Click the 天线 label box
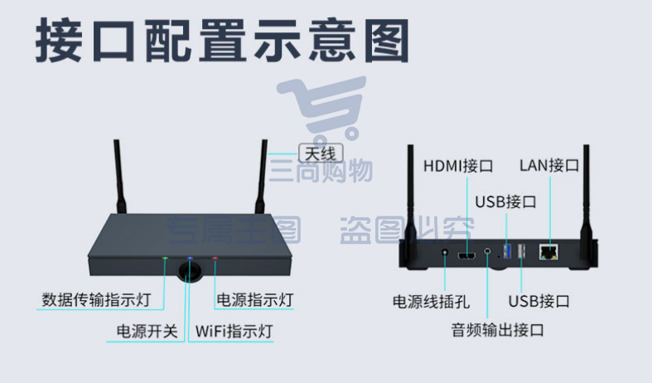pyautogui.click(x=321, y=153)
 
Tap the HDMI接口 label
pyautogui.click(x=458, y=166)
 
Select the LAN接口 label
pyautogui.click(x=549, y=165)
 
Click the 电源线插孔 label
pyautogui.click(x=431, y=302)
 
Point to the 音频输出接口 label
pyautogui.click(x=497, y=330)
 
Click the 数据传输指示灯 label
pyautogui.click(x=96, y=300)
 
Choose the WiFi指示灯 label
pyautogui.click(x=234, y=332)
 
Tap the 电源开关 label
pyautogui.click(x=147, y=332)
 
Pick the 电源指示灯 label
pyautogui.click(x=255, y=300)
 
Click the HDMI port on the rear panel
pyautogui.click(x=466, y=255)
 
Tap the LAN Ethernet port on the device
pyautogui.click(x=549, y=252)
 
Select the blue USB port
pyautogui.click(x=507, y=251)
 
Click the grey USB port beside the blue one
pyautogui.click(x=521, y=251)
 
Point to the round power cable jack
pyautogui.click(x=445, y=252)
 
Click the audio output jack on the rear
pyautogui.click(x=487, y=251)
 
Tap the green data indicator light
pyautogui.click(x=165, y=258)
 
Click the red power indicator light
pyautogui.click(x=215, y=258)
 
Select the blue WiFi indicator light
pyautogui.click(x=190, y=258)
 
